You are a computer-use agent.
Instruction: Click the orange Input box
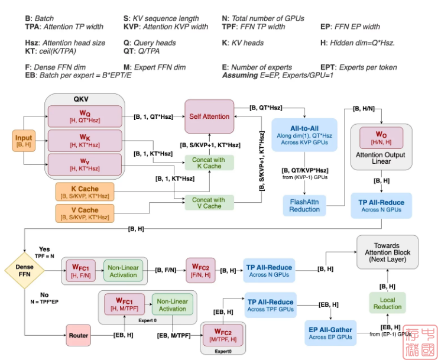[23, 142]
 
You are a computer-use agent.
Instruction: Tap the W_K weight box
[85, 141]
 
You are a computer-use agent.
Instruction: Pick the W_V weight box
[85, 164]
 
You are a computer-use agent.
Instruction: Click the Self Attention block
[210, 116]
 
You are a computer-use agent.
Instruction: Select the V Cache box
[85, 213]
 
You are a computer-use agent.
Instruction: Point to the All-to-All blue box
[304, 134]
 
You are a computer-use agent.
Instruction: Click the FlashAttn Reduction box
[304, 205]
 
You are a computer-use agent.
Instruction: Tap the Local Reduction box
[387, 303]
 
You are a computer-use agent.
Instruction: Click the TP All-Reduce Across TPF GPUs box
[271, 305]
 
